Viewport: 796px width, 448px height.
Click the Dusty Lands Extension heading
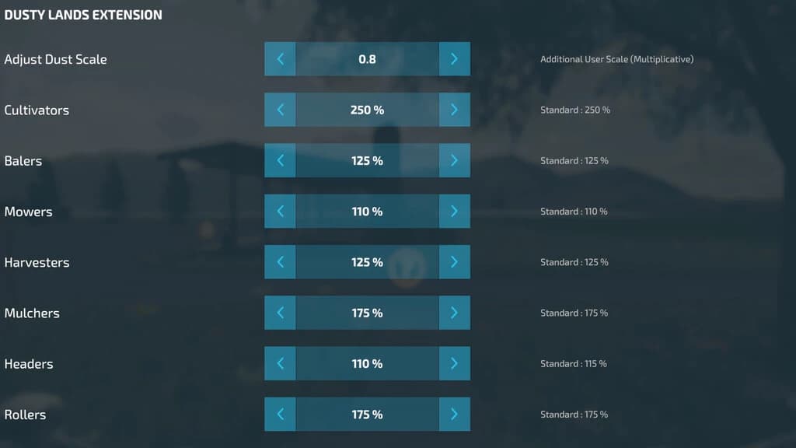click(83, 15)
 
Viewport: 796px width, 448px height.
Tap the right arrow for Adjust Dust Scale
click(454, 59)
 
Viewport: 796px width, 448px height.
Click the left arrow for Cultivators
click(280, 110)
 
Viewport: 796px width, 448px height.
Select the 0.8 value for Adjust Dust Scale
click(367, 59)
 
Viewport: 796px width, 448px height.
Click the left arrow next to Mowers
click(280, 212)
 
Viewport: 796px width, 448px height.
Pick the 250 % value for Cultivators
click(367, 110)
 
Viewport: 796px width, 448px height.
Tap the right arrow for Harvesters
click(454, 262)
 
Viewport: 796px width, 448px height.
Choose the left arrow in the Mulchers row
click(280, 313)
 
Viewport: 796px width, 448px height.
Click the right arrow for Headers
click(454, 364)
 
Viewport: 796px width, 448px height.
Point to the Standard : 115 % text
click(574, 364)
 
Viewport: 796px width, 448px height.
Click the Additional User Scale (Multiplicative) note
click(616, 59)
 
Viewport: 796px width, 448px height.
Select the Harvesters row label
click(37, 262)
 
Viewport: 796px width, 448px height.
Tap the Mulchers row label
click(32, 313)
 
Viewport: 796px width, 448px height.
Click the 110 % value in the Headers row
click(367, 364)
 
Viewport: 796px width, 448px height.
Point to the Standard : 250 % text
click(575, 110)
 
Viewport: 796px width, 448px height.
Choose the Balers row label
click(23, 160)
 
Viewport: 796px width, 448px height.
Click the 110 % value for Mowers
click(367, 212)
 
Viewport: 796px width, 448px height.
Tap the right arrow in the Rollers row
click(454, 415)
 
